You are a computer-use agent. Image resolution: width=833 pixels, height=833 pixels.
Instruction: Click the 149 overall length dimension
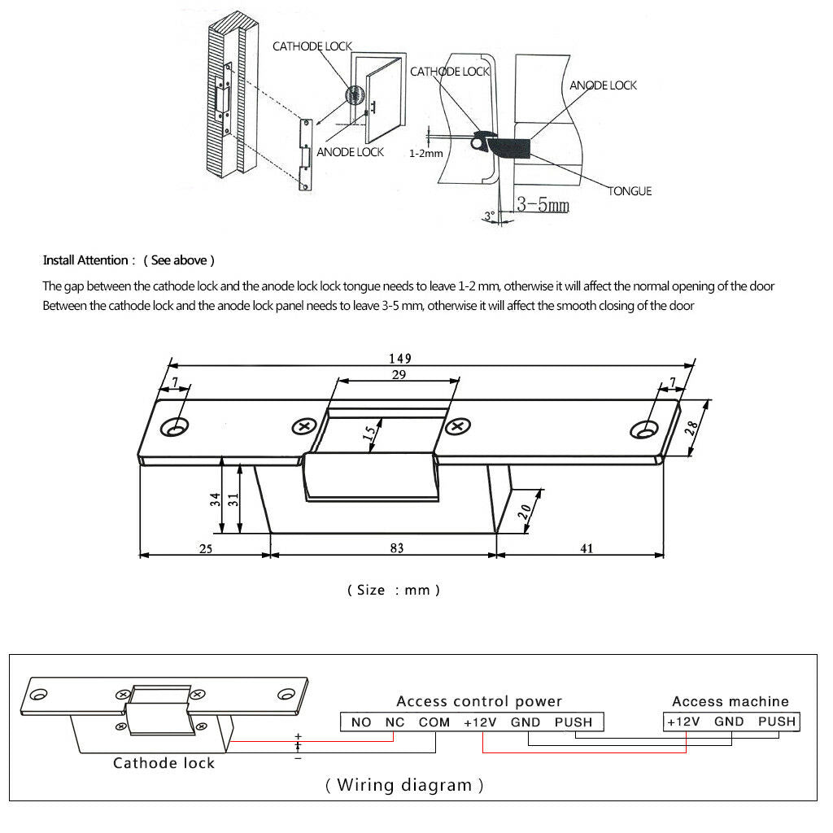pos(400,359)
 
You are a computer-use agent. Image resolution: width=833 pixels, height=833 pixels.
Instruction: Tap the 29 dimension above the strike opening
pos(399,375)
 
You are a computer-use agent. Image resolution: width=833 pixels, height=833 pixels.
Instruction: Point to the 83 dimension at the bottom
pos(397,548)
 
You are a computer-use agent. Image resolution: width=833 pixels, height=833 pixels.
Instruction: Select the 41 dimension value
pos(587,548)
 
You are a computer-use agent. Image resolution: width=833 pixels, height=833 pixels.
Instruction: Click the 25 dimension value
pos(206,549)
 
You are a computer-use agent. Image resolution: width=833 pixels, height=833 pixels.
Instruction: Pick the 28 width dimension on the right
pos(691,428)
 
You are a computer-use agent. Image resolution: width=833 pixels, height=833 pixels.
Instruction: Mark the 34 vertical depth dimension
pos(215,499)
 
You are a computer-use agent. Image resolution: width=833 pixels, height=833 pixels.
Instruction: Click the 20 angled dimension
pos(525,512)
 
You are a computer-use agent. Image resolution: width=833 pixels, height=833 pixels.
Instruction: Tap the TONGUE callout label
pos(630,191)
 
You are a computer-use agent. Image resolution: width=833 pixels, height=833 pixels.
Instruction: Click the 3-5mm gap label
pos(543,204)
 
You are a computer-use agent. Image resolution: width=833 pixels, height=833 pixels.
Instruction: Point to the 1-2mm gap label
pos(426,154)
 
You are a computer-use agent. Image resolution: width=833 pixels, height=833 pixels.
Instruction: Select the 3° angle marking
pos(489,216)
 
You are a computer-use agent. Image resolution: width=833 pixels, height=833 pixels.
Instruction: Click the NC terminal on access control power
pos(395,722)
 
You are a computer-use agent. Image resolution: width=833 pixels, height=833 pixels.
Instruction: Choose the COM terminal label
pos(434,722)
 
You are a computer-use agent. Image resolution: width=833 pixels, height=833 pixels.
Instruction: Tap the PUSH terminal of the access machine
pos(777,722)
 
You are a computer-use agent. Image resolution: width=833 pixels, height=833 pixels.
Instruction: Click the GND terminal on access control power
pos(526,722)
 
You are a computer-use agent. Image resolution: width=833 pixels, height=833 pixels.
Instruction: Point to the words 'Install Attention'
pos(85,260)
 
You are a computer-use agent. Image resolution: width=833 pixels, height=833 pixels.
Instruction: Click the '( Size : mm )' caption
pos(394,591)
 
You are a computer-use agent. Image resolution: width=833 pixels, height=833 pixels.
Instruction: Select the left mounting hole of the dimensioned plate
pos(176,427)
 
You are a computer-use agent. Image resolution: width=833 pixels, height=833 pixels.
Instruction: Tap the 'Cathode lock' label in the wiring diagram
pos(164,763)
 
